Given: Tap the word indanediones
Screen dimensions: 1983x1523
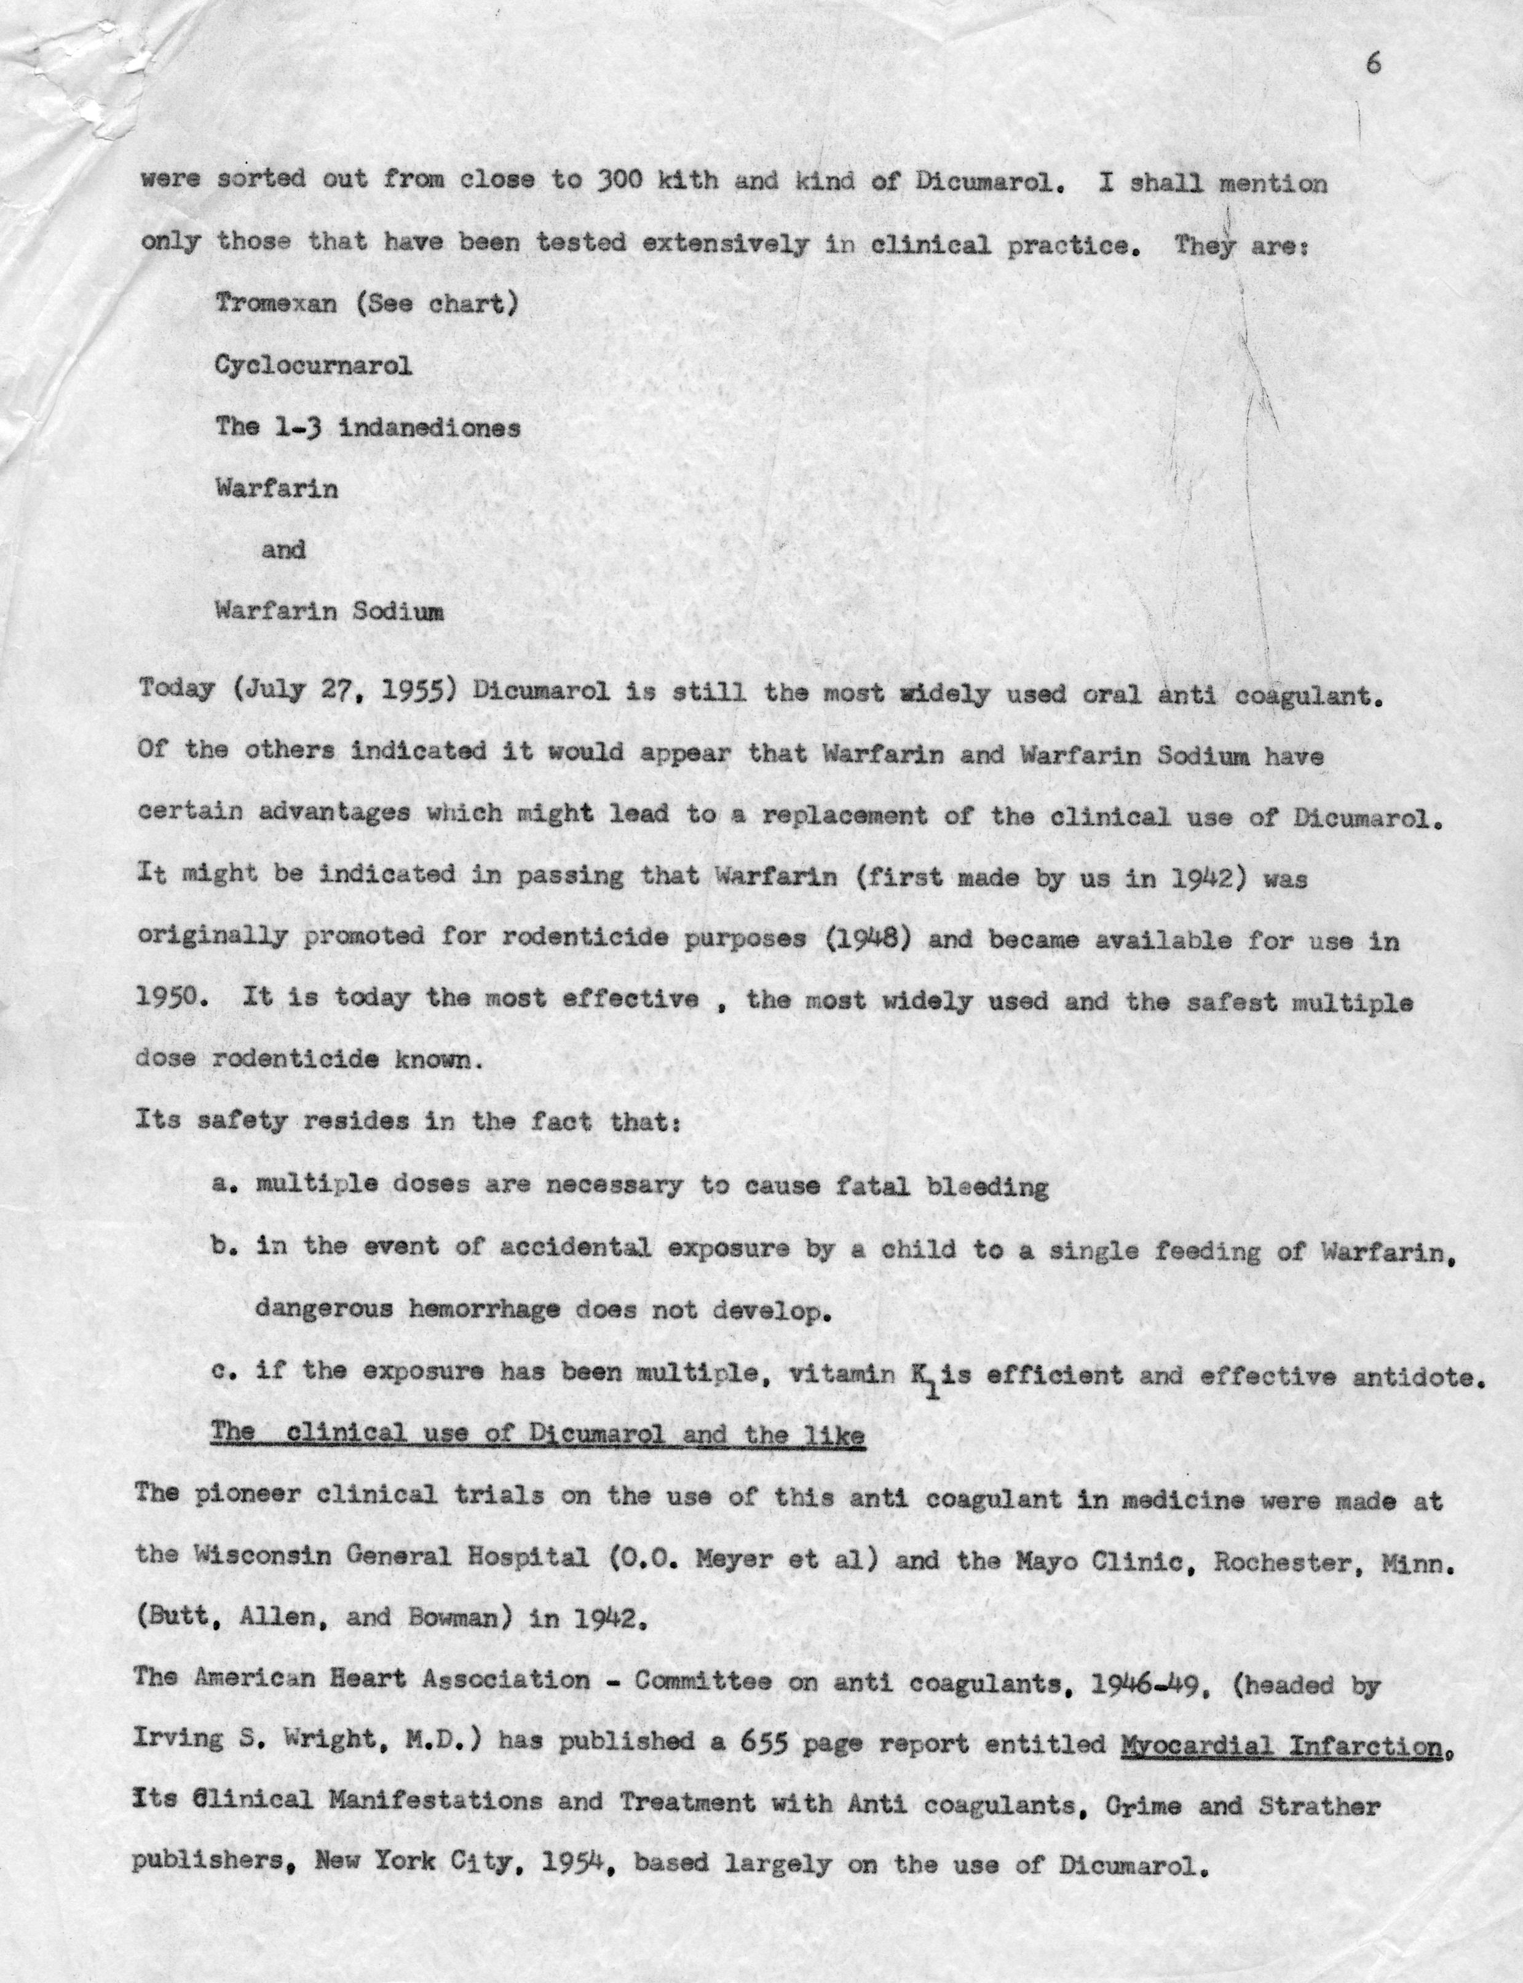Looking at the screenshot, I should [x=430, y=428].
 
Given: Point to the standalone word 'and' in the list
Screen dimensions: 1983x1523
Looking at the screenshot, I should [x=283, y=549].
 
